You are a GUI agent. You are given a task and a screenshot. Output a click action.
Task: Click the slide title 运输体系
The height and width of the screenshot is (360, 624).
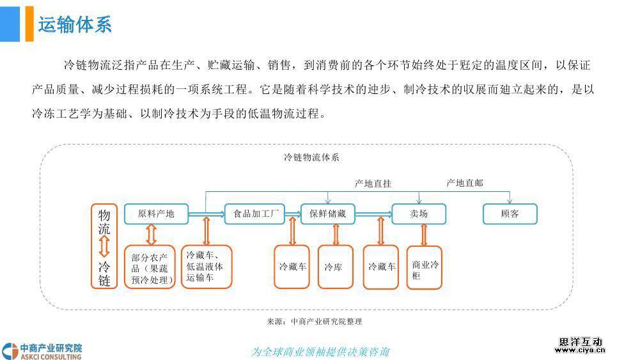point(75,25)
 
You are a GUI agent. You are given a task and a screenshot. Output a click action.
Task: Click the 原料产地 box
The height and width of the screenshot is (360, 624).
point(156,214)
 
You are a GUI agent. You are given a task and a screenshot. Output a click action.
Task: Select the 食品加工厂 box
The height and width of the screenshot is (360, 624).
point(254,214)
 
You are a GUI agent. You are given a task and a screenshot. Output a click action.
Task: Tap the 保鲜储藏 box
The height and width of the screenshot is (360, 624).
point(328,214)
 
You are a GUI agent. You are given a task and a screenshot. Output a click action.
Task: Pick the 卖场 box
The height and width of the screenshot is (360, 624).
point(419,214)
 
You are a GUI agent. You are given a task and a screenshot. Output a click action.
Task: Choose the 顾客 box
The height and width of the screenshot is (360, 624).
point(510,214)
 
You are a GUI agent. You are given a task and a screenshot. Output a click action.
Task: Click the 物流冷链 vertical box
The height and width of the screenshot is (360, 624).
point(105,246)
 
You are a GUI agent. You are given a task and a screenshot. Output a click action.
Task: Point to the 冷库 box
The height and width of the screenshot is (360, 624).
point(334,267)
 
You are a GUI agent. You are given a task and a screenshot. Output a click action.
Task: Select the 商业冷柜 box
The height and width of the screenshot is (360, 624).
point(425,267)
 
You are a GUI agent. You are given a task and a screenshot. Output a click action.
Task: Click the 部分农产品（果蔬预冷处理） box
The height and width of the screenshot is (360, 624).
point(150,267)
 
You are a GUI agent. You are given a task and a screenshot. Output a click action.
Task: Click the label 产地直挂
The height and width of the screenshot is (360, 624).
point(373,184)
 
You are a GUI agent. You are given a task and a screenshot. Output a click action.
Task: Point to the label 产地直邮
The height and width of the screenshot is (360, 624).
point(465,184)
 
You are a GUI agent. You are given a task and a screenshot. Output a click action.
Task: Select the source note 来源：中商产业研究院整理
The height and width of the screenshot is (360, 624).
point(314,322)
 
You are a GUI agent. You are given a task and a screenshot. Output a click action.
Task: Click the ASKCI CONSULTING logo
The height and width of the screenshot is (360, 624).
point(42,351)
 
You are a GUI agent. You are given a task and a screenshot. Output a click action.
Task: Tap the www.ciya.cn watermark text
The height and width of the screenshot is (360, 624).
point(581,350)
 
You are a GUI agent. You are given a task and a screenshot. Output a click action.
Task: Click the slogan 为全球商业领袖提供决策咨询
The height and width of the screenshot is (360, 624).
point(320,352)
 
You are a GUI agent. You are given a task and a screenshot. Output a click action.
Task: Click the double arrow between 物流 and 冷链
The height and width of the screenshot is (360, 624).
point(105,246)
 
